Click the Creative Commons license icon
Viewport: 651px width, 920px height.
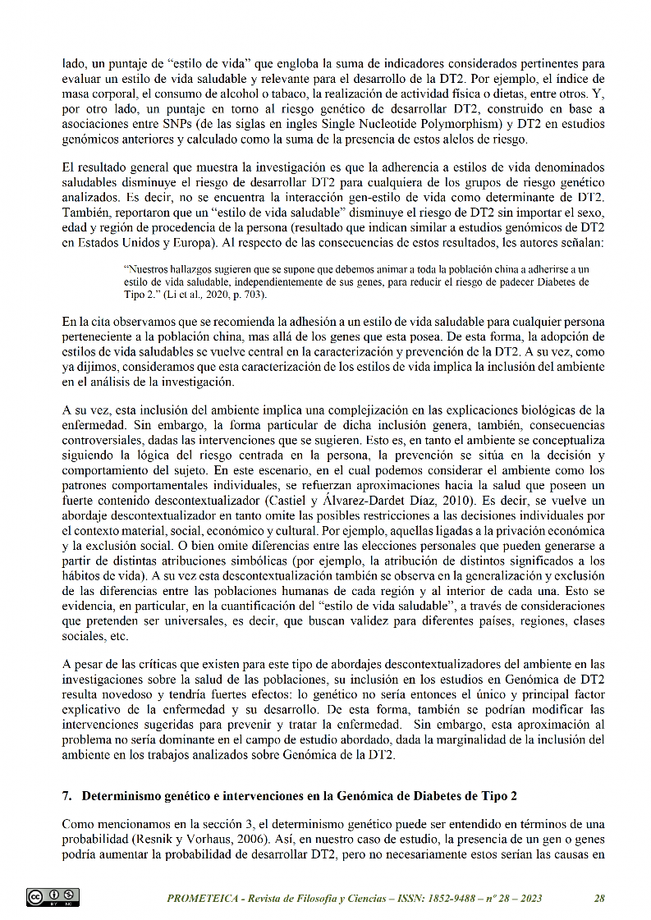[53, 897]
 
